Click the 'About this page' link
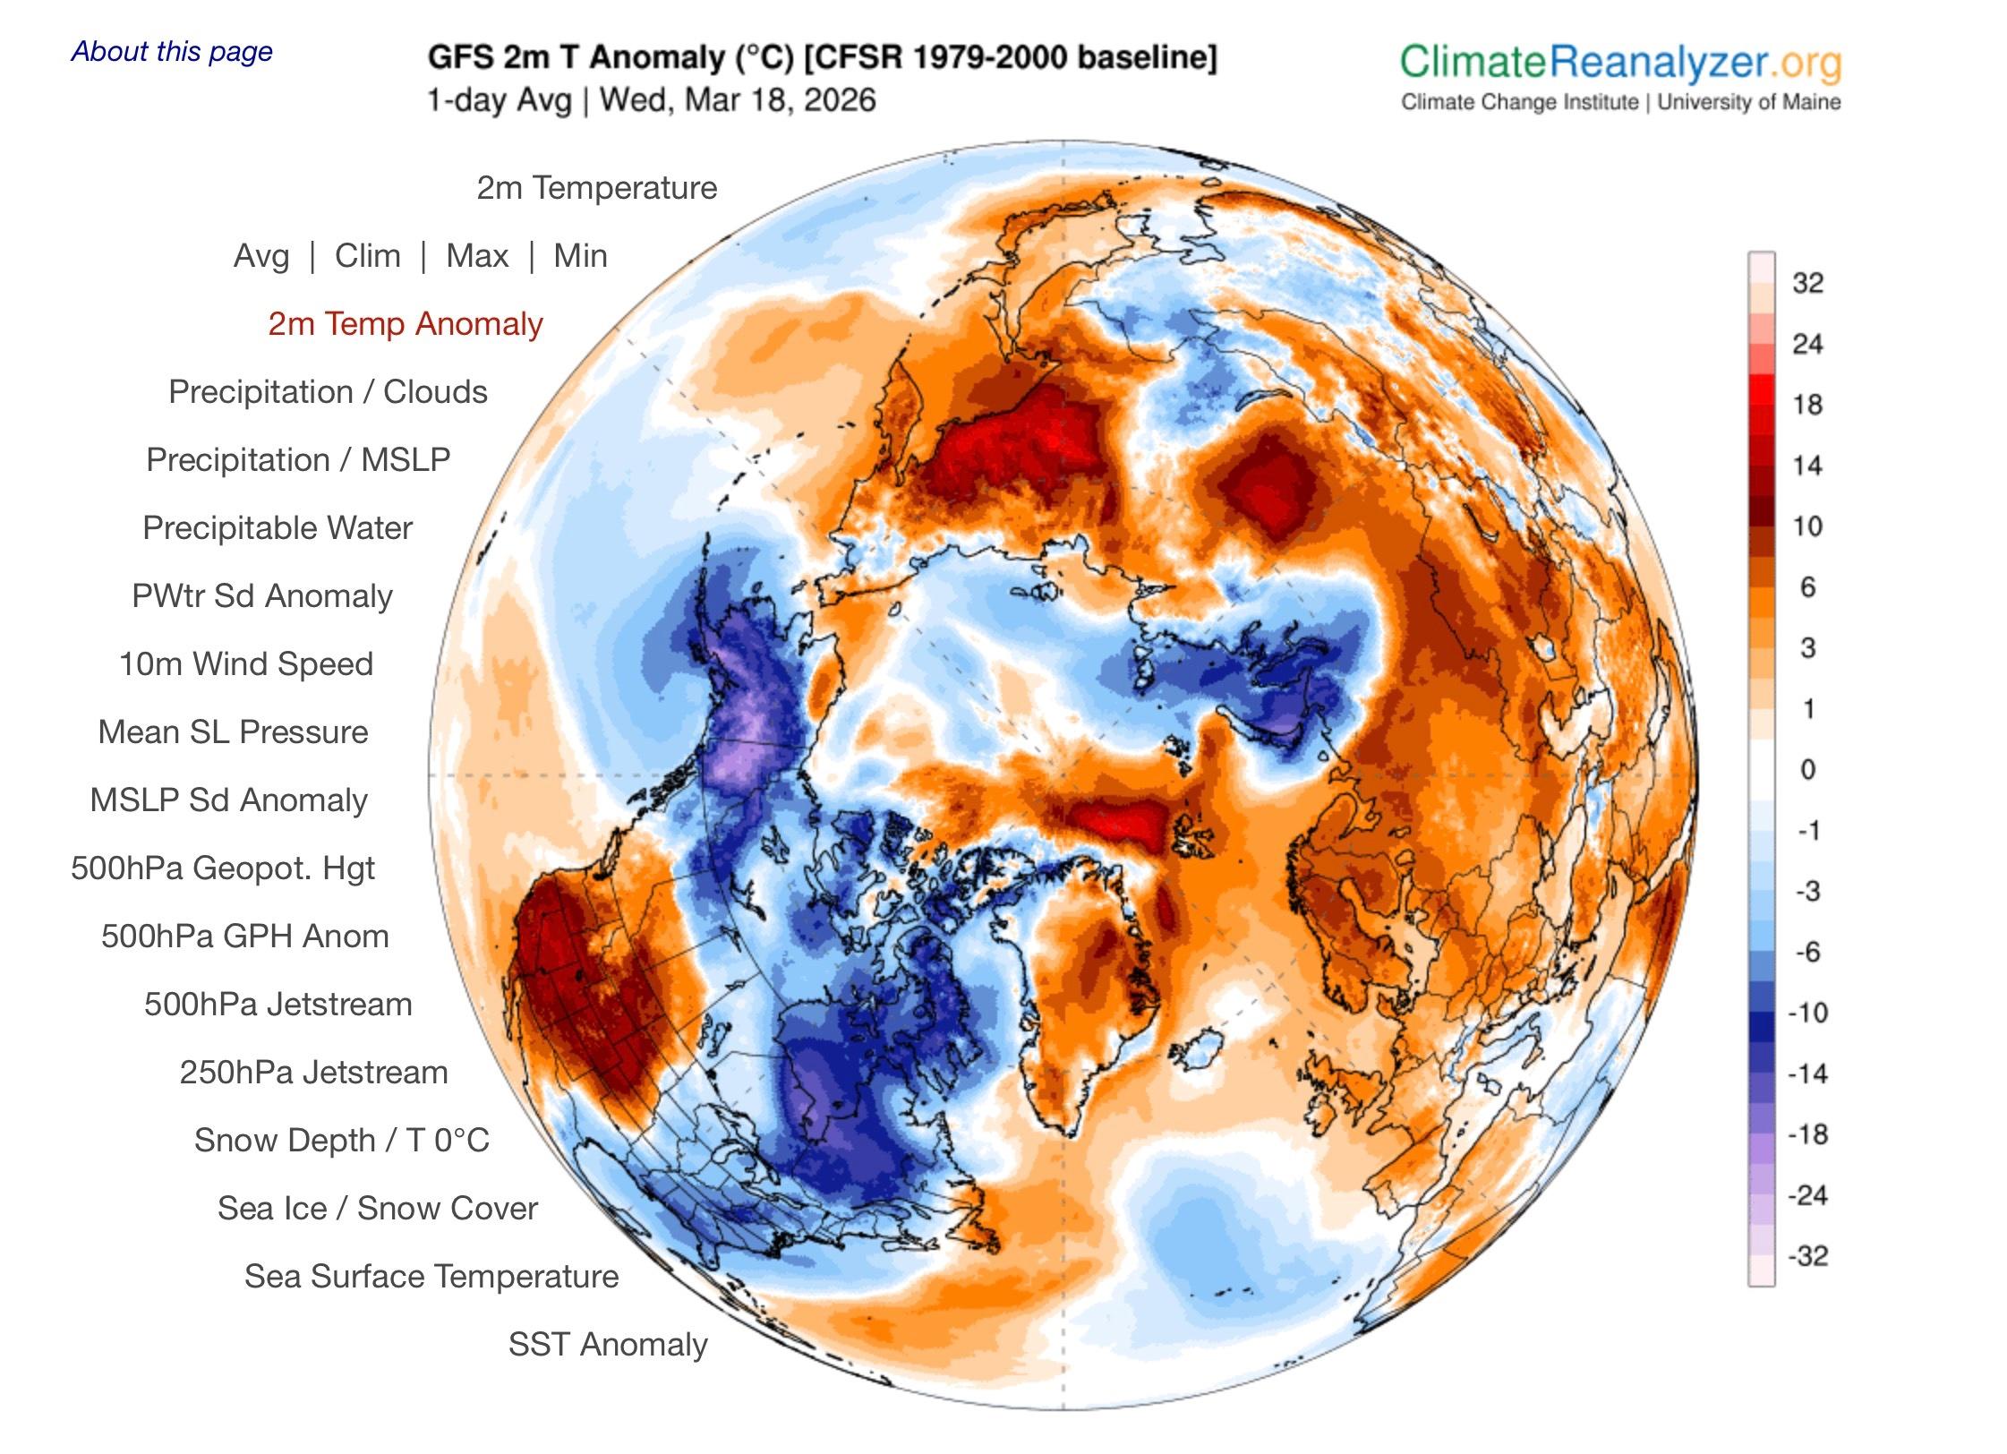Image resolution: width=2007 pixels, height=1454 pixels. pyautogui.click(x=172, y=51)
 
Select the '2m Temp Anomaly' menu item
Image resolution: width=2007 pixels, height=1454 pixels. pyautogui.click(x=406, y=323)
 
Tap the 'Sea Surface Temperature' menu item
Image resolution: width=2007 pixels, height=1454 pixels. pyautogui.click(x=431, y=1276)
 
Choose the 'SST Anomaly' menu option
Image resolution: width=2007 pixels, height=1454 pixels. pyautogui.click(x=608, y=1344)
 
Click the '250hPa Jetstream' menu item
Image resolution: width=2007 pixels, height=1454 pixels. pyautogui.click(x=313, y=1072)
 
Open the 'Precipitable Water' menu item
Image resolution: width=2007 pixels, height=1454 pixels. pyautogui.click(x=278, y=527)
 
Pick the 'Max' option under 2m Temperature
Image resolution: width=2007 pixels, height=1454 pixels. pyautogui.click(x=477, y=256)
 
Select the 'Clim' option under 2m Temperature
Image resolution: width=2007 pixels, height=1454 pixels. pyautogui.click(x=367, y=256)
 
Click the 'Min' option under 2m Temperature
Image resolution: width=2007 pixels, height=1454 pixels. pyautogui.click(x=580, y=256)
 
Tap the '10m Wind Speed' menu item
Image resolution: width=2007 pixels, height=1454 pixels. pyautogui.click(x=246, y=663)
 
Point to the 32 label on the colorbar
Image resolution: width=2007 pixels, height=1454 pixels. pyautogui.click(x=1807, y=283)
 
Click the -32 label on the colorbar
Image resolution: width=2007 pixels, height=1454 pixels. pyautogui.click(x=1807, y=1256)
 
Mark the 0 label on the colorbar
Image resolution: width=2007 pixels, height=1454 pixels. pyautogui.click(x=1807, y=769)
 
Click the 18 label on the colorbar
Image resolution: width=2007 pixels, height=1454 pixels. pyautogui.click(x=1807, y=405)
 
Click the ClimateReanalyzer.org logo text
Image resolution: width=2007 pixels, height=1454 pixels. pyautogui.click(x=1620, y=63)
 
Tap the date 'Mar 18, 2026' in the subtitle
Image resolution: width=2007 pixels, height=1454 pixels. pyautogui.click(x=780, y=99)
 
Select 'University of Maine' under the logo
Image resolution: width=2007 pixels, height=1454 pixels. pyautogui.click(x=1748, y=102)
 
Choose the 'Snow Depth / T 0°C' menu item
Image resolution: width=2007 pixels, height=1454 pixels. pyautogui.click(x=342, y=1140)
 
